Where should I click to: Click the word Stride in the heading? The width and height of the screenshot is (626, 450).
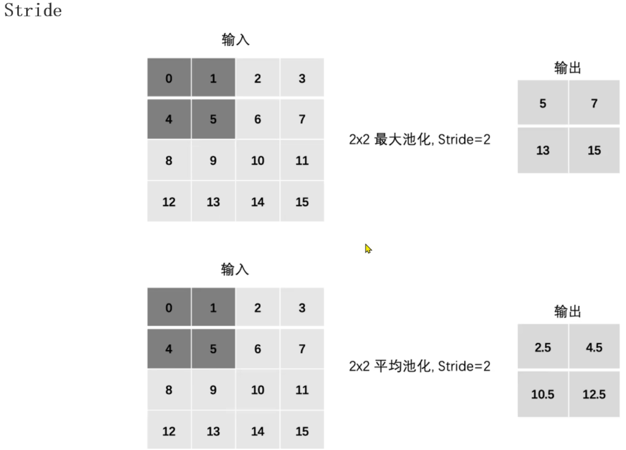(x=33, y=10)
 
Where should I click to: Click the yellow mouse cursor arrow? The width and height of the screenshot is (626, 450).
(x=368, y=248)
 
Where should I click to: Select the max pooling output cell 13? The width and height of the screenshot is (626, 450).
(x=542, y=150)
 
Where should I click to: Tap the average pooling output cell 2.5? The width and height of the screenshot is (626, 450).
(x=542, y=347)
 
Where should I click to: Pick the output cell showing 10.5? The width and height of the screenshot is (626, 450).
(x=542, y=394)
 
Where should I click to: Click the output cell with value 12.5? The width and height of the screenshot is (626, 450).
(x=594, y=394)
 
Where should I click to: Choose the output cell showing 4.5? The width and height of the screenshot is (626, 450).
(x=594, y=347)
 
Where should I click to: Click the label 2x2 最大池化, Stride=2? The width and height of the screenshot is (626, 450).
(x=420, y=139)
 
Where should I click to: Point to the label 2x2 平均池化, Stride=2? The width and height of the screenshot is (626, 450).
(x=420, y=366)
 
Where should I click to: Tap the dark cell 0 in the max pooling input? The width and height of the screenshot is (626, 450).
(x=169, y=78)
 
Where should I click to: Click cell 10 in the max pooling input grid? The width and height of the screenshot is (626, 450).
(x=257, y=160)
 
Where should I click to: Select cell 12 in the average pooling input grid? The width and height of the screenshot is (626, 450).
(x=169, y=431)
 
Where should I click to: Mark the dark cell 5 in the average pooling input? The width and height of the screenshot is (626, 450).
(x=213, y=349)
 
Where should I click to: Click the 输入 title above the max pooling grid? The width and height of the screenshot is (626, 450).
(x=235, y=40)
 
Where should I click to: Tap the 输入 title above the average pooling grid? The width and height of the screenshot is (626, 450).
(x=235, y=270)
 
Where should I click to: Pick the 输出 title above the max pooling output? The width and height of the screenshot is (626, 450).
(x=567, y=68)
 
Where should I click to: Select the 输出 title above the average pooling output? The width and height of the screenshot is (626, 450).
(x=567, y=311)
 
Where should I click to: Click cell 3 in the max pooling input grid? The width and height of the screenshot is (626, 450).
(x=302, y=78)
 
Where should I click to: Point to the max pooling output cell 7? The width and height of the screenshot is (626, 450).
(x=594, y=103)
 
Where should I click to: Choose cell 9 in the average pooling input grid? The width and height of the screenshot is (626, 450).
(x=213, y=389)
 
